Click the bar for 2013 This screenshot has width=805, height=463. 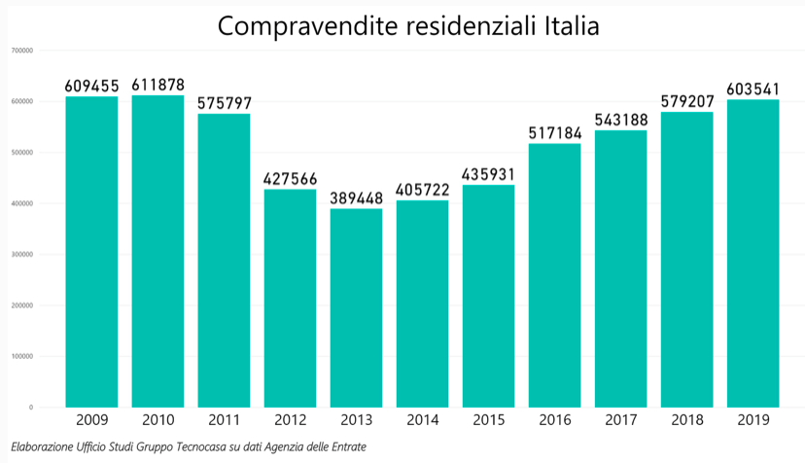click(356, 307)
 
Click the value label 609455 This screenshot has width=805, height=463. click(91, 87)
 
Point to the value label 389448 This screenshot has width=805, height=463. click(356, 198)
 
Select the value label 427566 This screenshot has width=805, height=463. click(290, 179)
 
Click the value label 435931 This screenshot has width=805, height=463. click(488, 175)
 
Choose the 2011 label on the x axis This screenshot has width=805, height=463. click(224, 420)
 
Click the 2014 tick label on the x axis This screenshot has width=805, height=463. click(422, 420)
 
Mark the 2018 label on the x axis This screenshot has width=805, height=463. click(686, 420)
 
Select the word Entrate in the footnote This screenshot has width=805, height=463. click(345, 446)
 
